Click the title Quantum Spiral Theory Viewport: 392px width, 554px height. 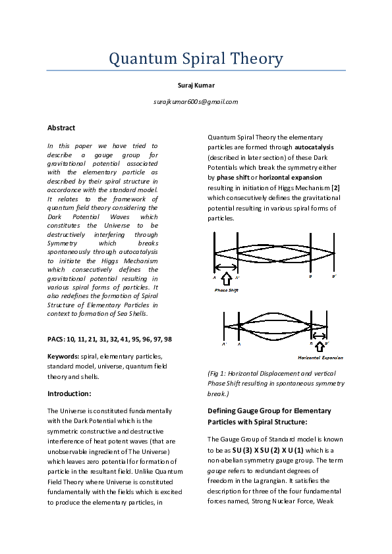pos(196,59)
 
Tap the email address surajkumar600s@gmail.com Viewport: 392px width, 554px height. pos(196,102)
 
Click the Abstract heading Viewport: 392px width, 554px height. pos(61,128)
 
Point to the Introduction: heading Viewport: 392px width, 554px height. pos(69,393)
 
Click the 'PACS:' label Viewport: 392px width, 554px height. pos(57,338)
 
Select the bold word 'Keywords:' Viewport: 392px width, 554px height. pos(63,356)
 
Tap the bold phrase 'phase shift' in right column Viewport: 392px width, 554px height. pos(237,178)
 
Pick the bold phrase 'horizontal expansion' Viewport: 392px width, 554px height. pos(291,178)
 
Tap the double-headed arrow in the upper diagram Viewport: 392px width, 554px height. pos(227,268)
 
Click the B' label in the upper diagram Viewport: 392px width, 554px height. pos(334,276)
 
